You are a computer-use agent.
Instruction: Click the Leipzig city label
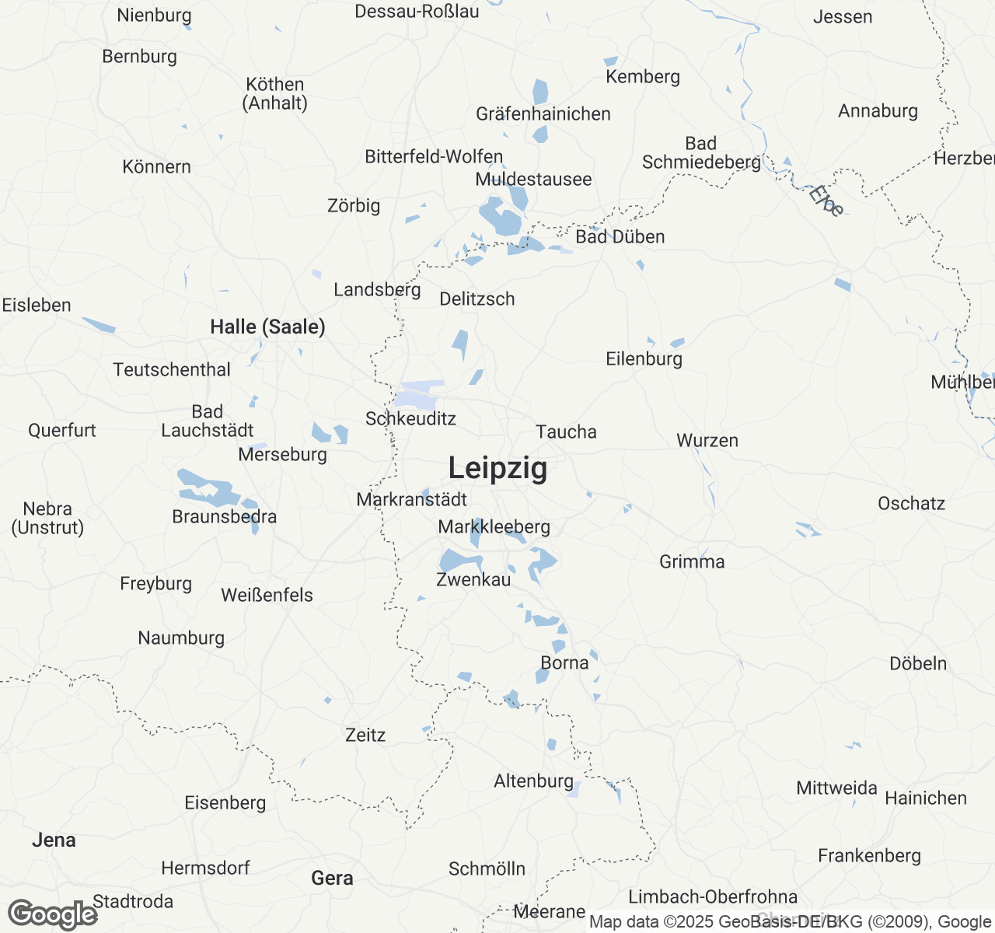497,468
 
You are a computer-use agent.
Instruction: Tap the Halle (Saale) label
267,327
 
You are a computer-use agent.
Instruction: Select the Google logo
52,914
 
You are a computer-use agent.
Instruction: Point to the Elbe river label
826,200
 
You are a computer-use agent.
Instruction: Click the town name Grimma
692,561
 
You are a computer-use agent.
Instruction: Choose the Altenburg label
533,781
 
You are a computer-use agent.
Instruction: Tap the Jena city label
54,840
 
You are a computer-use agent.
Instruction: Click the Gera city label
332,878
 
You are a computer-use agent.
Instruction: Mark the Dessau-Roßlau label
417,11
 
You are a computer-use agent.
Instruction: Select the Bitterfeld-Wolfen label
434,156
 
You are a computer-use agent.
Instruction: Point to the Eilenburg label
644,358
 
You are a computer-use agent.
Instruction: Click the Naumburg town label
181,638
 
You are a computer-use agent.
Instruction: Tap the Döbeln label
918,663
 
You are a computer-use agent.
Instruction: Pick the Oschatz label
911,503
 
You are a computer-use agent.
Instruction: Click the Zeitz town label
365,735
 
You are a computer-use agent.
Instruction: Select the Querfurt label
62,430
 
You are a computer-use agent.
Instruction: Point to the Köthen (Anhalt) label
275,93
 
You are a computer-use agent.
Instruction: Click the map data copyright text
790,922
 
